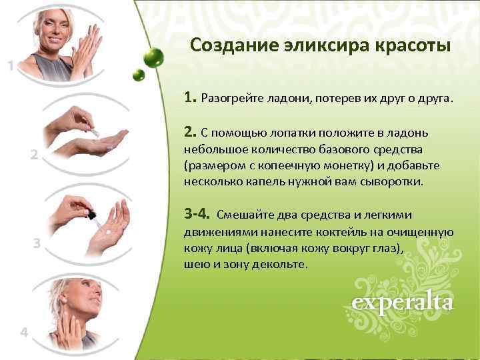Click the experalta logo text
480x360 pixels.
[403, 303]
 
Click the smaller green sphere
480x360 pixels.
[139, 74]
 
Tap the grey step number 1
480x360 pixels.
[11, 65]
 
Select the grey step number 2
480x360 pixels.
[34, 155]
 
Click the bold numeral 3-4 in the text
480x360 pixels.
[197, 215]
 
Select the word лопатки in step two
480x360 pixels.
[293, 131]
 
